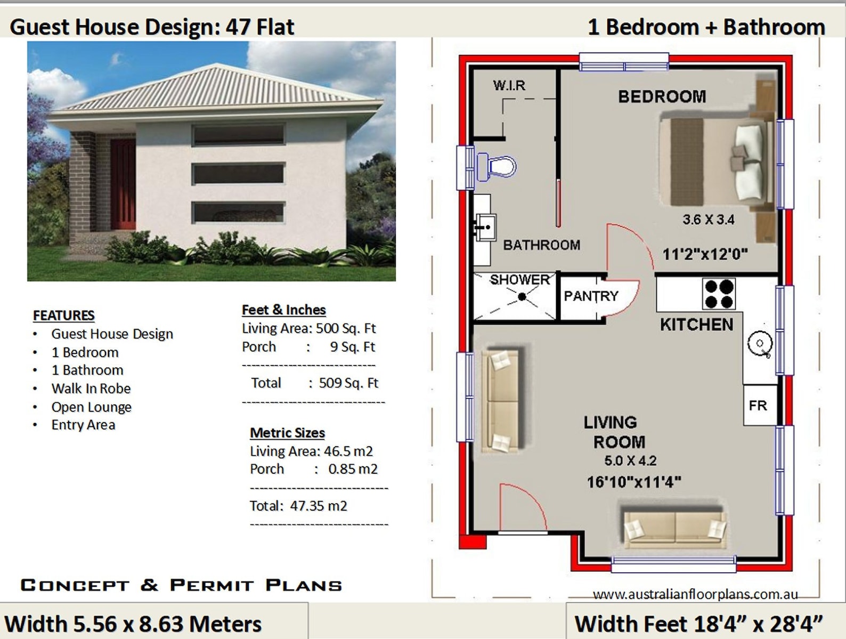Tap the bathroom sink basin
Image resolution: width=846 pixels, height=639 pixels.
point(485,228)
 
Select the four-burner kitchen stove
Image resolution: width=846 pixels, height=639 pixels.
point(719,294)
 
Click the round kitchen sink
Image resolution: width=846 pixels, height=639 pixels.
point(760,344)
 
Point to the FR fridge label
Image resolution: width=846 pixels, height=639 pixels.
point(758,406)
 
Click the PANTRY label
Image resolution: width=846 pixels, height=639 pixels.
point(591,296)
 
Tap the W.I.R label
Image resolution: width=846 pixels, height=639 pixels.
point(509,85)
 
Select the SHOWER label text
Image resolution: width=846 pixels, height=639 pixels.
point(519,280)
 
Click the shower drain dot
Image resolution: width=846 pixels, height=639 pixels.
point(522,297)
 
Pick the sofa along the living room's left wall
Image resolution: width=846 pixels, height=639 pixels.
point(501,401)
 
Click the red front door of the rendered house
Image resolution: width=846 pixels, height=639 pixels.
point(124,184)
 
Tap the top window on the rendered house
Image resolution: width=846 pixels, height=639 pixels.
point(238,135)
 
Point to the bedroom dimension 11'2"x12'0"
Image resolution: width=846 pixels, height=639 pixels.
point(705,254)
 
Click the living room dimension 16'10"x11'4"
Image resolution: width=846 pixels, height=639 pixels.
point(634,482)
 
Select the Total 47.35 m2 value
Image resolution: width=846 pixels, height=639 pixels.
point(318,506)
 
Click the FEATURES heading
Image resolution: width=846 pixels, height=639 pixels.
point(64,316)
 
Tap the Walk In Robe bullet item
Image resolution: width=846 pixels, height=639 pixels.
point(91,389)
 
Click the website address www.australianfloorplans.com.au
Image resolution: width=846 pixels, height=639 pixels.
point(695,594)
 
